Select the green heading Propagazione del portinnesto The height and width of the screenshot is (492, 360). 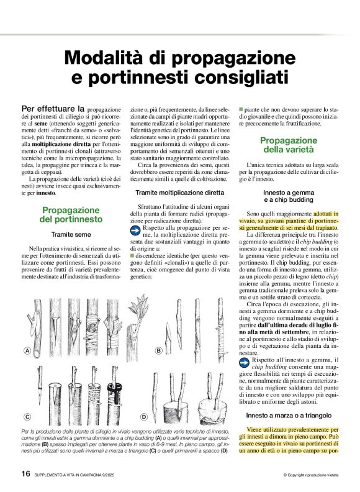point(71,215)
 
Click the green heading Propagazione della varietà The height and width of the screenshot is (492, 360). point(289,145)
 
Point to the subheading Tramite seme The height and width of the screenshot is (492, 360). point(71,235)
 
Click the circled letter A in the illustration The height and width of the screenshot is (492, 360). point(27,352)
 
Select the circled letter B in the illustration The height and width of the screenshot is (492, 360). point(158,352)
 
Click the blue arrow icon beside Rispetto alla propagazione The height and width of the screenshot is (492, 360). point(137,230)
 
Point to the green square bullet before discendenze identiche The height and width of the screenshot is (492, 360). point(132,255)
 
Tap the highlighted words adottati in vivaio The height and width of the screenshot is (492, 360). point(331,213)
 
